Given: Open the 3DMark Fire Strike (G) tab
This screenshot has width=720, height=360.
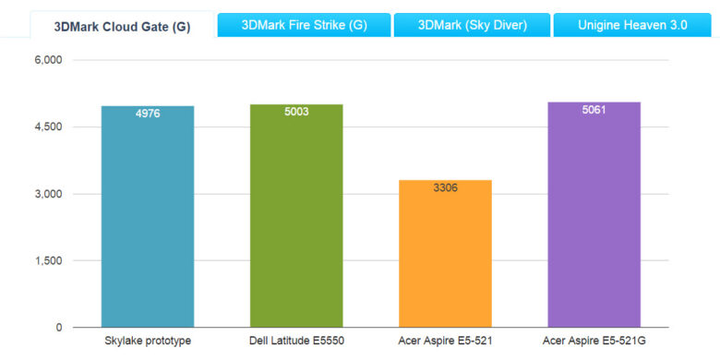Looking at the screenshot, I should (x=304, y=25).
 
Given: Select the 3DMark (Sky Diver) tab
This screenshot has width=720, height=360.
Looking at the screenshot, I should (x=471, y=25).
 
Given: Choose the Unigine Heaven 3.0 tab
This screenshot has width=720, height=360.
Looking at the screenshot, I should (x=632, y=25).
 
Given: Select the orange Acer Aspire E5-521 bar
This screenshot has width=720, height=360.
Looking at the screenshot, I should (x=445, y=258).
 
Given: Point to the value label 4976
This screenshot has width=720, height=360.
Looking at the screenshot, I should (x=148, y=114).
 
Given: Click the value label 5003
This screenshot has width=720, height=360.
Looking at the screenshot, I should (x=296, y=112).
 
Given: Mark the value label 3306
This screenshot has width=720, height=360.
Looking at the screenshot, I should (x=445, y=187).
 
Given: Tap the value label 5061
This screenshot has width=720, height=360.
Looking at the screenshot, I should (x=594, y=110).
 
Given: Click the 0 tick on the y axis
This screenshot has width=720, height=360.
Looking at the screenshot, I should (x=58, y=328).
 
